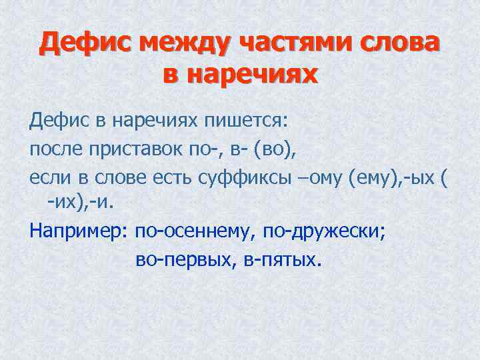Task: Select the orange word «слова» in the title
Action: pyautogui.click(x=401, y=44)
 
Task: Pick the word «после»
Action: pyautogui.click(x=55, y=150)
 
